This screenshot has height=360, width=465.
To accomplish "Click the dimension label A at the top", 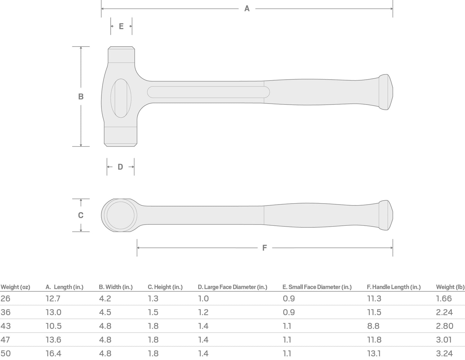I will [247, 9].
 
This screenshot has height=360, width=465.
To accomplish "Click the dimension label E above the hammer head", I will [121, 26].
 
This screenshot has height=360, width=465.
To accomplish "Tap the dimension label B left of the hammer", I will [81, 96].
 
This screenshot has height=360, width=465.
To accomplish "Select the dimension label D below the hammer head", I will [120, 167].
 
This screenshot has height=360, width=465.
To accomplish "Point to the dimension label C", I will [81, 215].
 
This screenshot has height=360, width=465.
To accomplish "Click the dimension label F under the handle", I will [265, 248].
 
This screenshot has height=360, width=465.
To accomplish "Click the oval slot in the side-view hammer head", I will [121, 98].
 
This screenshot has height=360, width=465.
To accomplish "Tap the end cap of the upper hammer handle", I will [386, 92].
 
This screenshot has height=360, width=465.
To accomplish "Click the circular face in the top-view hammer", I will [120, 215].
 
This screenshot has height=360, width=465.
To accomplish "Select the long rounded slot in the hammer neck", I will [208, 92].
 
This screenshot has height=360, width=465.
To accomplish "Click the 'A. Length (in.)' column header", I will [64, 287].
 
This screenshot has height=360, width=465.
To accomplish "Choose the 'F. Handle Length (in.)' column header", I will [394, 287].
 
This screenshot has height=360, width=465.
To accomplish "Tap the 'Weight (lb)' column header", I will [450, 287].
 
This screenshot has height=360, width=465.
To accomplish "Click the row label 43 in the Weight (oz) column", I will [5, 326].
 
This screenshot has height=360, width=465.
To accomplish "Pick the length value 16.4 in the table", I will [53, 353].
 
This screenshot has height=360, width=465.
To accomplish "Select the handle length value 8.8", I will [373, 326].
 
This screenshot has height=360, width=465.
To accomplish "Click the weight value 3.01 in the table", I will [444, 340].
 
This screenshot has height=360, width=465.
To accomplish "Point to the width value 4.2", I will [105, 298].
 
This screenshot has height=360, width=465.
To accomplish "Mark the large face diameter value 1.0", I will [203, 298].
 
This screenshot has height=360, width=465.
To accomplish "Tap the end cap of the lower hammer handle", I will [386, 215].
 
